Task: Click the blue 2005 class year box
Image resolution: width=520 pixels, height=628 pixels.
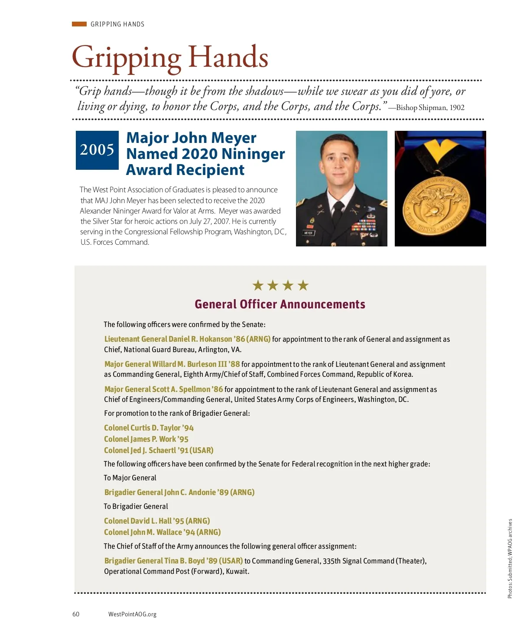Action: [x=97, y=150]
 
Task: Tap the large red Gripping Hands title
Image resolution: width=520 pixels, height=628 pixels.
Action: [x=170, y=58]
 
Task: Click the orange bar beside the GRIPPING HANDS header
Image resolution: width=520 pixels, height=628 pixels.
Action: [x=79, y=24]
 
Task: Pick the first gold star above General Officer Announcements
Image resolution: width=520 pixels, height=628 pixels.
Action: [x=258, y=285]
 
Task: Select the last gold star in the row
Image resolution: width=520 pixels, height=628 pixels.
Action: [x=303, y=285]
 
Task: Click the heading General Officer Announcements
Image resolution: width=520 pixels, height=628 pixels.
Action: [x=280, y=304]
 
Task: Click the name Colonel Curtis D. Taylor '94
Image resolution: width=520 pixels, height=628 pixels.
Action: [x=149, y=428]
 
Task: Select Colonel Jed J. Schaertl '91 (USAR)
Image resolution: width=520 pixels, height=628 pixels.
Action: [x=159, y=450]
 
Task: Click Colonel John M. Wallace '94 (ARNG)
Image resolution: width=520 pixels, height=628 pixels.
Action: [x=162, y=532]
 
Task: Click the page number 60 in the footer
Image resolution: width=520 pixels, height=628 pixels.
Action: [x=76, y=614]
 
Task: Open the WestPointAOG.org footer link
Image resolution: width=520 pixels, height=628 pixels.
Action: [x=132, y=614]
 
